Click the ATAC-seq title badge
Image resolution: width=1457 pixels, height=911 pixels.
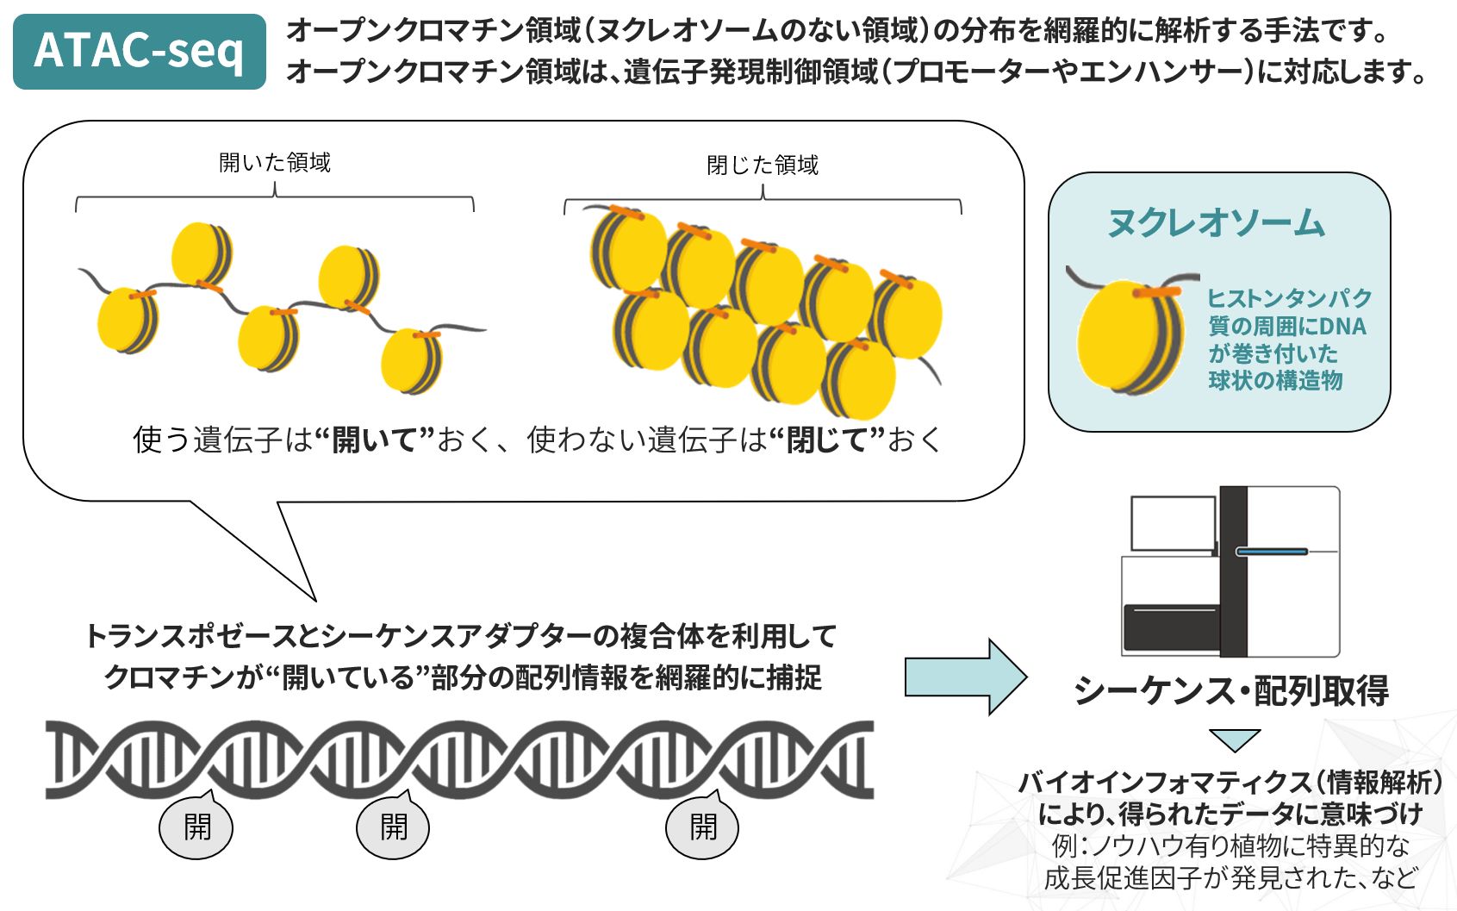(x=139, y=51)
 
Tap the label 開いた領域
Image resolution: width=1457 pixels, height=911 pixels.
(x=275, y=163)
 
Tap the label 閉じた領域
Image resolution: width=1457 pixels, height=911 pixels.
(x=763, y=165)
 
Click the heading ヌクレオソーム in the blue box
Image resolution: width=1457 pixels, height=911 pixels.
(x=1216, y=223)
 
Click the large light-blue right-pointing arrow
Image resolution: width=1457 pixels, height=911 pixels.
(x=964, y=677)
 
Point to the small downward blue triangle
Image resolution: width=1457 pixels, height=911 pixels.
(x=1234, y=739)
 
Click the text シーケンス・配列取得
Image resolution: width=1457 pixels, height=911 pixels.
(x=1230, y=691)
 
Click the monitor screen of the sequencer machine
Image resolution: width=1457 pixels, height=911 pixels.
(x=1172, y=524)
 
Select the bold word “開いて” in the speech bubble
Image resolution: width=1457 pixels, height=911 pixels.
(x=373, y=440)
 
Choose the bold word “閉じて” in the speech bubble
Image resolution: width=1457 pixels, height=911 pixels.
(x=826, y=440)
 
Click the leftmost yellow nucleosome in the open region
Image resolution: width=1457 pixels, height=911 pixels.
(x=127, y=321)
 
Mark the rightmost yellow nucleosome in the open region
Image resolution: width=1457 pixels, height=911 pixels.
(x=411, y=360)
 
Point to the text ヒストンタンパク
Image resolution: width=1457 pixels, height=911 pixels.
(x=1289, y=298)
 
